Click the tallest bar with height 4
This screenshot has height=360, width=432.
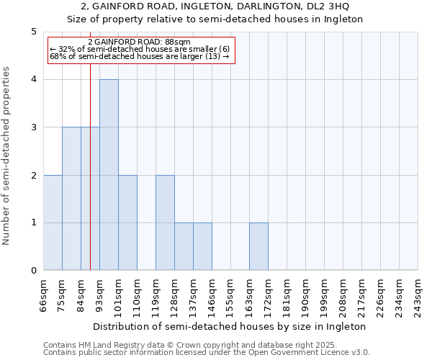109,175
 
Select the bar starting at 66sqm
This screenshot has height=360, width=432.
53,222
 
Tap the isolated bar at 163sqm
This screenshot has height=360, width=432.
258,246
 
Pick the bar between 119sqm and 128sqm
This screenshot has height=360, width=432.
165,222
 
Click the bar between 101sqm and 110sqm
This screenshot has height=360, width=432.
127,222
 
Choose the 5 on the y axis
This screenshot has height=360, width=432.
33,32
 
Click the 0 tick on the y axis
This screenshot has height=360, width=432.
33,271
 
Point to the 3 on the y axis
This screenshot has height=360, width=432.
33,127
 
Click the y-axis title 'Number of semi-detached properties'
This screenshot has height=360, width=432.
7,156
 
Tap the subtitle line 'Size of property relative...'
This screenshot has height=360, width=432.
215,19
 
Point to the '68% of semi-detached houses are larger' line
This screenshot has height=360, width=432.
140,57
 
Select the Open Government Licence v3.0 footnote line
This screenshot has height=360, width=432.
207,353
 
